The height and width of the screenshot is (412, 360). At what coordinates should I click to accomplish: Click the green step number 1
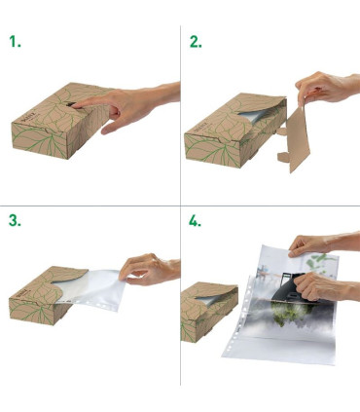[x=14, y=42]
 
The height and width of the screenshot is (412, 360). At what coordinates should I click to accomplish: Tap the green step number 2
[x=195, y=42]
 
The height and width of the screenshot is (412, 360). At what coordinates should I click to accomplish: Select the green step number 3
[x=14, y=221]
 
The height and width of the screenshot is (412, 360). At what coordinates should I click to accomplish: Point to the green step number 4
[x=195, y=221]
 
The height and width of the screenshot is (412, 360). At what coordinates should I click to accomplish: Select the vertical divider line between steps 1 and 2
[x=180, y=107]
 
